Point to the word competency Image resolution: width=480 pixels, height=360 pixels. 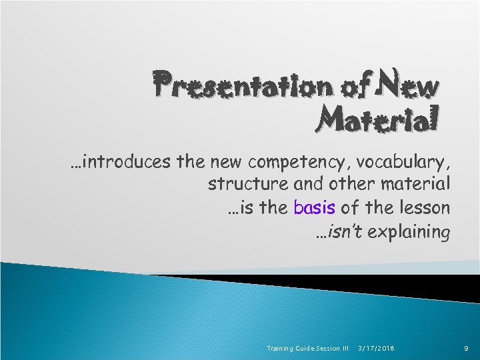(297, 162)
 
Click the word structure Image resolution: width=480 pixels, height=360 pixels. (241, 183)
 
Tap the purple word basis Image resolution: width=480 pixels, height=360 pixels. (314, 207)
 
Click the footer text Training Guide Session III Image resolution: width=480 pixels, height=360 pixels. (307, 349)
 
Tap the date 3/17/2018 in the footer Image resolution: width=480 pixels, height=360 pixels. (376, 349)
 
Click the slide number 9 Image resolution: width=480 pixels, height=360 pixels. (467, 349)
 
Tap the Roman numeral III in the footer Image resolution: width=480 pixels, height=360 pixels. (345, 349)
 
